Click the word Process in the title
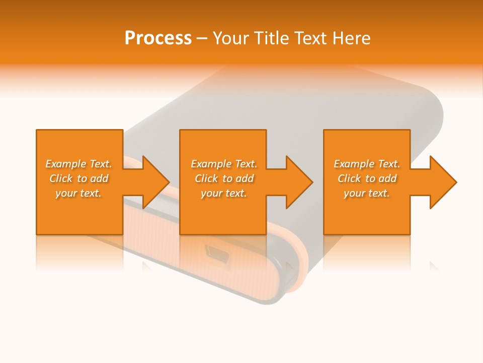[158, 38]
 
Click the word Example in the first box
[66, 164]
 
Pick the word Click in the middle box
[206, 178]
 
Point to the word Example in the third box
[354, 164]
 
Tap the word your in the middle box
[211, 193]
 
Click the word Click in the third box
[349, 178]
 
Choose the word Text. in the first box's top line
[101, 164]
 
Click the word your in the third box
[354, 193]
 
